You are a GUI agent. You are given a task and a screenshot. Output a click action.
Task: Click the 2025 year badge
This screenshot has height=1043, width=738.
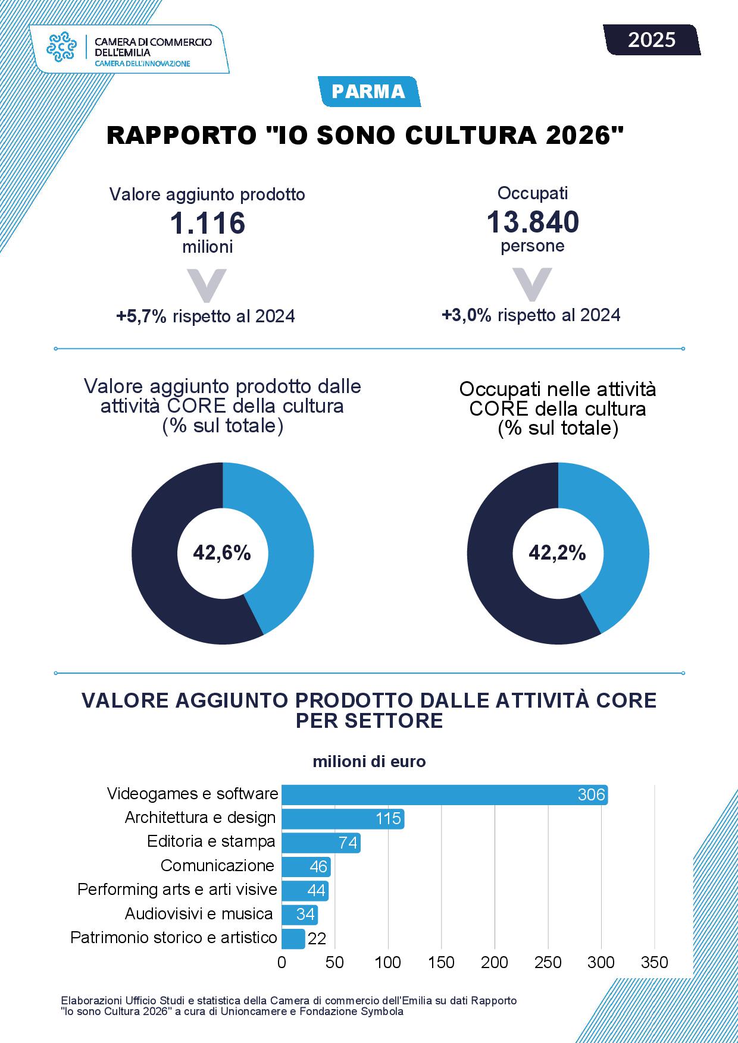[652, 40]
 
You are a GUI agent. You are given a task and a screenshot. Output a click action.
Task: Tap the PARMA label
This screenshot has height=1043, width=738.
[369, 92]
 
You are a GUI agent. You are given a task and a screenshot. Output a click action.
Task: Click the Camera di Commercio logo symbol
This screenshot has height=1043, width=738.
[62, 47]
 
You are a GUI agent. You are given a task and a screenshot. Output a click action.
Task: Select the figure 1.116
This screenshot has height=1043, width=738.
[208, 224]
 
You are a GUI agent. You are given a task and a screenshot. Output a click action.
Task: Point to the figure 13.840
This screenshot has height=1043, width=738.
[533, 222]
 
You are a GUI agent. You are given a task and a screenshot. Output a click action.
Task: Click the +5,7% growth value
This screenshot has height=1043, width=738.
[141, 316]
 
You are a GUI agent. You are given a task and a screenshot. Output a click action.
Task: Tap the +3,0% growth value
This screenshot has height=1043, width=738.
[467, 315]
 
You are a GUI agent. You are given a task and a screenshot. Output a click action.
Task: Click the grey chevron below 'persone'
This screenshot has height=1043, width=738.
[532, 284]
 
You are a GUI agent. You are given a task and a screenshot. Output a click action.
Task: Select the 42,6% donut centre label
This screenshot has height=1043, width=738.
[222, 554]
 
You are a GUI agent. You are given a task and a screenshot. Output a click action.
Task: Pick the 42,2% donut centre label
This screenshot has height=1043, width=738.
[558, 554]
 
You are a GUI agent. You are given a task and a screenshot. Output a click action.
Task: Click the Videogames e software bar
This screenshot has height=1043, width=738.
[445, 794]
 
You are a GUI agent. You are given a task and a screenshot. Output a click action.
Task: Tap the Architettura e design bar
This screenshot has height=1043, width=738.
[343, 819]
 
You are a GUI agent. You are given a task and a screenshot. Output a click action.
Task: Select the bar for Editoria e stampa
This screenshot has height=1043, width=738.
[321, 843]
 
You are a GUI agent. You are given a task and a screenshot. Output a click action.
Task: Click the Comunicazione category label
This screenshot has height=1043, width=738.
[217, 866]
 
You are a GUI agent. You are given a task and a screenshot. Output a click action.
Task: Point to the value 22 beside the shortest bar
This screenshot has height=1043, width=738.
[317, 939]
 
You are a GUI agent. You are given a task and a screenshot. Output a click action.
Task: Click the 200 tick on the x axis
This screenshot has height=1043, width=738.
[495, 963]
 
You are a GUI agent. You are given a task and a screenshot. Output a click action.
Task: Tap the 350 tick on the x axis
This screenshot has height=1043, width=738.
[655, 963]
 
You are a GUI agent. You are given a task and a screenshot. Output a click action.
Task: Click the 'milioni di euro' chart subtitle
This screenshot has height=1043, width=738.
[370, 762]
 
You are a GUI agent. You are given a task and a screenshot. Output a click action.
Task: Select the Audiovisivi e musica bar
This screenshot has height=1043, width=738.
[299, 915]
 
